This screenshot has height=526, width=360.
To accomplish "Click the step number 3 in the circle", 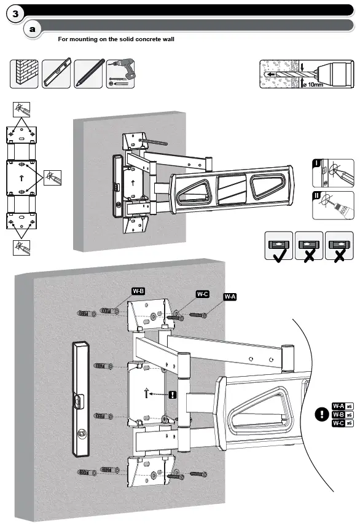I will tap(15, 13).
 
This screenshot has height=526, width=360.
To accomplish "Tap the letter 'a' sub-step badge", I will tap(32, 29).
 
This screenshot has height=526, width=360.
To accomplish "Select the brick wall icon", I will tap(24, 74).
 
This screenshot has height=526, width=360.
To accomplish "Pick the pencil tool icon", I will tap(88, 74).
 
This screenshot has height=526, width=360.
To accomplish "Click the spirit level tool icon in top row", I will tap(57, 74).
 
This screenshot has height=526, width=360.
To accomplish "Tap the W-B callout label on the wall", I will tap(137, 291).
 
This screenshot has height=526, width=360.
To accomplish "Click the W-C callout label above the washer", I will tap(203, 294).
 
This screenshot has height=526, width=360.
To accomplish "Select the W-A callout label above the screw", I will tap(230, 297).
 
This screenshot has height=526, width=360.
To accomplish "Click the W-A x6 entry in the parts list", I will tap(342, 406).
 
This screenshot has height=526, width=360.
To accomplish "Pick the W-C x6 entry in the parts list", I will tap(342, 423).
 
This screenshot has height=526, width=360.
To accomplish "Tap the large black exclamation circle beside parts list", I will tap(321, 414).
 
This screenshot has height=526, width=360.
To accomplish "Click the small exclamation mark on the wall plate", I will tap(173, 394).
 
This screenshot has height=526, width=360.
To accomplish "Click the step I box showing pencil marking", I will tap(332, 173).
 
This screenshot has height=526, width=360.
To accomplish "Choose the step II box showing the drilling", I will tap(332, 205).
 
